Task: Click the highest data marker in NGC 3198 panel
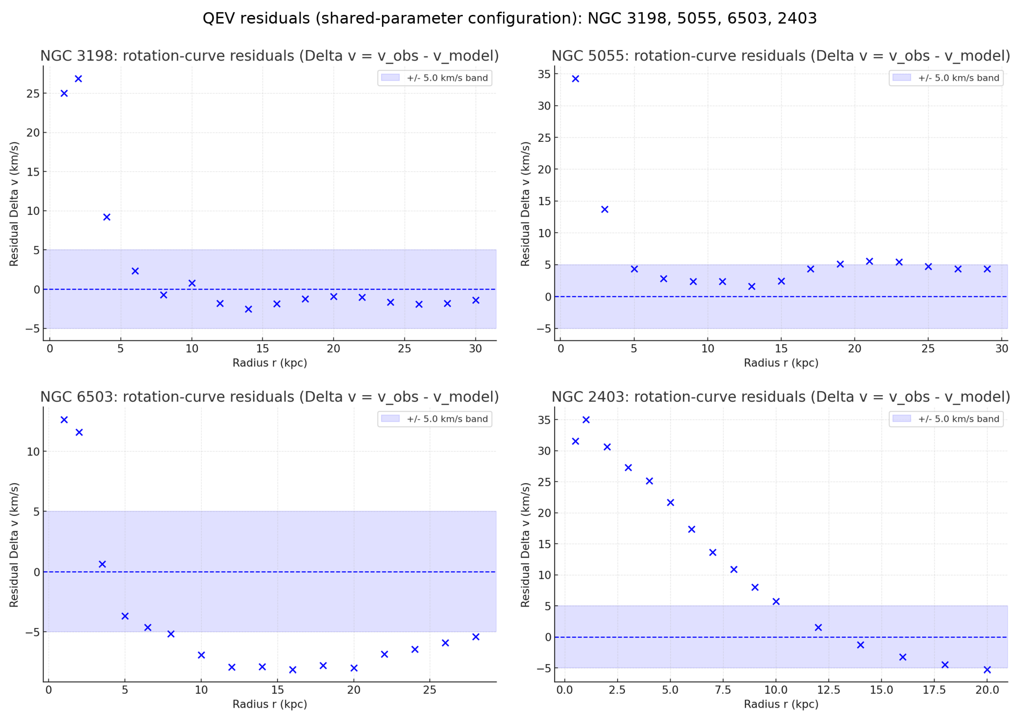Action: coord(78,79)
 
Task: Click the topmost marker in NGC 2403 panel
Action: coord(586,420)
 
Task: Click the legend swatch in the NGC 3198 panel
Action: coord(390,78)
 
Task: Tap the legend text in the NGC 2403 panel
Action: coord(958,419)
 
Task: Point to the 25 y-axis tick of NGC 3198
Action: coord(33,94)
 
